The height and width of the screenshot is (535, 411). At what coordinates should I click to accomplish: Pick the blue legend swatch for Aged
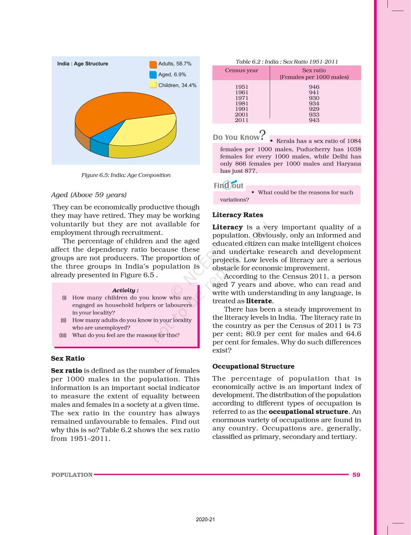pyautogui.click(x=153, y=75)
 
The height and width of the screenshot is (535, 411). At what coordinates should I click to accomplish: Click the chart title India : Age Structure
pyautogui.click(x=82, y=64)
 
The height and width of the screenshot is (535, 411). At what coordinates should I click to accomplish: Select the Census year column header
pyautogui.click(x=242, y=70)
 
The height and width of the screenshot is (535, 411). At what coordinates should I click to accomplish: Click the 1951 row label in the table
pyautogui.click(x=242, y=87)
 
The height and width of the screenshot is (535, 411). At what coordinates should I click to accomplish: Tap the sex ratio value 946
pyautogui.click(x=314, y=87)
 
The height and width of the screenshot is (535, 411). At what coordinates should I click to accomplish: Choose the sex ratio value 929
pyautogui.click(x=314, y=109)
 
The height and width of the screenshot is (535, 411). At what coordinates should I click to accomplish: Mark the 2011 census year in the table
pyautogui.click(x=242, y=120)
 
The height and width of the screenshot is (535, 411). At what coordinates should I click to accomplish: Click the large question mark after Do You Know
pyautogui.click(x=263, y=136)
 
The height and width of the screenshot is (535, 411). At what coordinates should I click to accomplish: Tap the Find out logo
pyautogui.click(x=229, y=185)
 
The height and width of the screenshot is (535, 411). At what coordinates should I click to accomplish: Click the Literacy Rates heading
pyautogui.click(x=238, y=215)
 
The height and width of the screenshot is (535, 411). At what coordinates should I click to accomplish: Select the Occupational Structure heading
pyautogui.click(x=253, y=367)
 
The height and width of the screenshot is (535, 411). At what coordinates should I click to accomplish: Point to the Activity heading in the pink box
pyautogui.click(x=125, y=291)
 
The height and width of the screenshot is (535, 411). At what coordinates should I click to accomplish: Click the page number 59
pyautogui.click(x=356, y=475)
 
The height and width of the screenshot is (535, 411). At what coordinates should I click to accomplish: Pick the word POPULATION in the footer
pyautogui.click(x=72, y=475)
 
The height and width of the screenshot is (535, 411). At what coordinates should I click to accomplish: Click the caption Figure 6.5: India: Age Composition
pyautogui.click(x=126, y=175)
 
